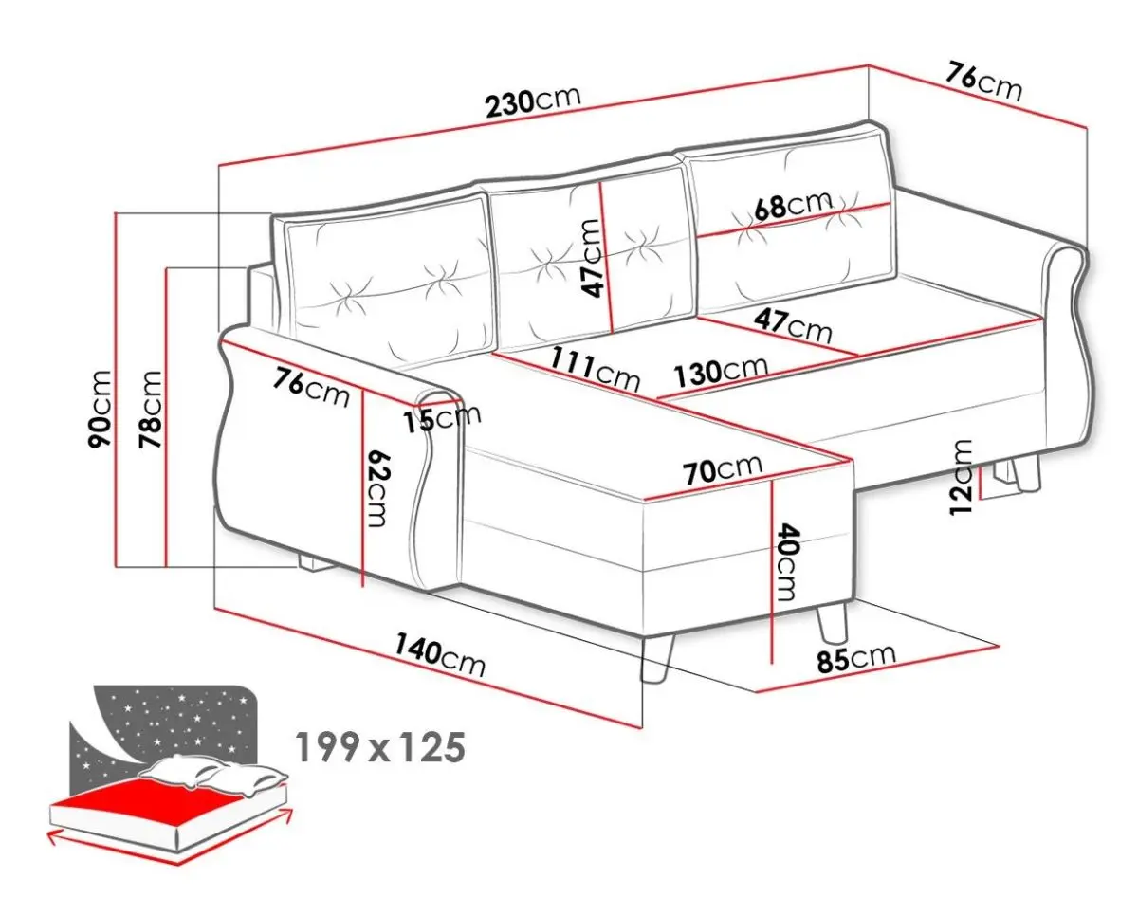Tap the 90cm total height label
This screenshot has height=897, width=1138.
pos(101,409)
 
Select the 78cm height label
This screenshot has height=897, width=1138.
pos(150,410)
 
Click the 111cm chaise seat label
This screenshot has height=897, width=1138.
pos(596,368)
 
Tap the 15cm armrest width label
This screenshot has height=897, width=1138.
pos(442,418)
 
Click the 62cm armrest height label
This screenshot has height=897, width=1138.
pos(378,488)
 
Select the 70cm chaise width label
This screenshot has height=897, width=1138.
pos(723,468)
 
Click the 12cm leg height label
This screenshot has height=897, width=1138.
pos(961,477)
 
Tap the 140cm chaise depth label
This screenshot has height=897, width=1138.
pos(440,656)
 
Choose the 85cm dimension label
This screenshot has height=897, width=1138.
pos(856,657)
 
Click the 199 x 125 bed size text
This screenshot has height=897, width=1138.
pos(380,748)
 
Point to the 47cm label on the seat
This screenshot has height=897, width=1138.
pos(793,326)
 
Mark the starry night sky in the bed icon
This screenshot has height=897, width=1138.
pos(164,730)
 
